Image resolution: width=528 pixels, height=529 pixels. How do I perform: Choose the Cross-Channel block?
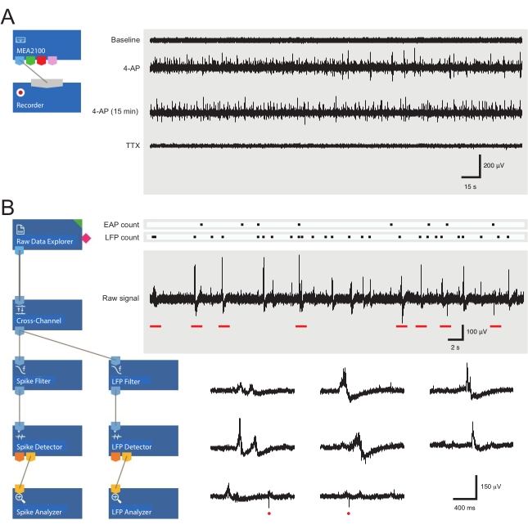[x=48, y=314]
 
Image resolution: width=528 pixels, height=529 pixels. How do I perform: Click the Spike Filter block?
[x=47, y=375]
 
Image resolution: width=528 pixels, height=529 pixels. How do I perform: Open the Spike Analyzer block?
[x=47, y=504]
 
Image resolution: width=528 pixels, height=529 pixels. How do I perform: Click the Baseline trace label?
[x=125, y=39]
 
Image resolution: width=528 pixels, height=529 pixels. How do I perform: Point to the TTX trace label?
[x=133, y=146]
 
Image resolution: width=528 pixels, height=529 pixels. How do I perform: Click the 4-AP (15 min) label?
[x=116, y=110]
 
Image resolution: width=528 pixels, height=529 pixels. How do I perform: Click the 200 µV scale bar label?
[x=495, y=165]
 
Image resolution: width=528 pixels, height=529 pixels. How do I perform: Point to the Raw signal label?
[x=120, y=298]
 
